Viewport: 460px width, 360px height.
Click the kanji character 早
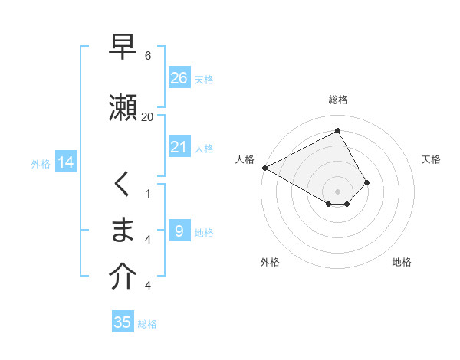coord(123,47)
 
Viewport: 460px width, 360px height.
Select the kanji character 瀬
coord(123,106)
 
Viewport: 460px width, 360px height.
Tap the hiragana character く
coord(123,185)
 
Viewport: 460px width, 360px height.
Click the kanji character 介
coord(123,277)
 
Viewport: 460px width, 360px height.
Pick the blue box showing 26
coord(179,77)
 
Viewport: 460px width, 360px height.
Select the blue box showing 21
coord(179,147)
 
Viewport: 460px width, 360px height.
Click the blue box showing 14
coord(65,162)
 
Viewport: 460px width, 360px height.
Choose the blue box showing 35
coord(123,322)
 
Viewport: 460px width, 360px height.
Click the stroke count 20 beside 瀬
coord(147,116)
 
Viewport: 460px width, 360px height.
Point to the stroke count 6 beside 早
coord(147,56)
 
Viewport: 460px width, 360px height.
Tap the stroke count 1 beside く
coord(147,193)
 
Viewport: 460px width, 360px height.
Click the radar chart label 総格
coord(338,100)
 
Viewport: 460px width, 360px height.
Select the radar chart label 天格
coord(431,159)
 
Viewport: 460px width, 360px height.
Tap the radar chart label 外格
coord(270,262)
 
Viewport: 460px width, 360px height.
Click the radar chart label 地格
coord(402,262)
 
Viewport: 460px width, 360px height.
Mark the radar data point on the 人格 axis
coord(264,167)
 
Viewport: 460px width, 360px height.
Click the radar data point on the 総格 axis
coord(337,130)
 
